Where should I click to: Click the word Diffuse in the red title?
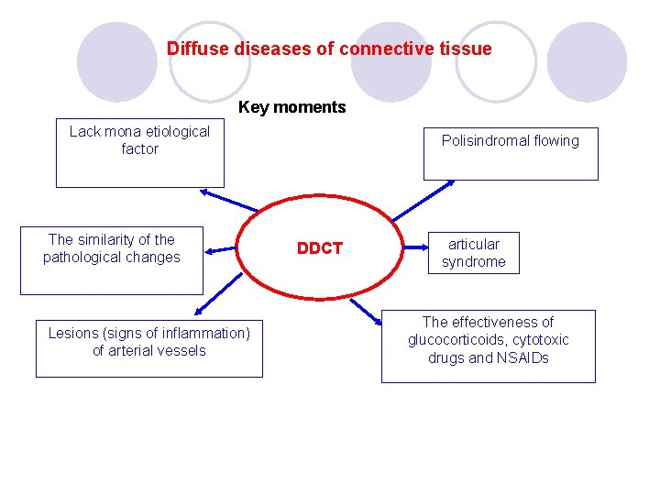tap(194, 49)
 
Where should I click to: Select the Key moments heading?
tap(291, 107)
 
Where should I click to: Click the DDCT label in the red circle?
tap(319, 248)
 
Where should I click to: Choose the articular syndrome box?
tap(473, 252)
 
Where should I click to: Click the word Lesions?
tap(72, 333)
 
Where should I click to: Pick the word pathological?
tap(84, 258)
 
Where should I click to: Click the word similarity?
tap(114, 239)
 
